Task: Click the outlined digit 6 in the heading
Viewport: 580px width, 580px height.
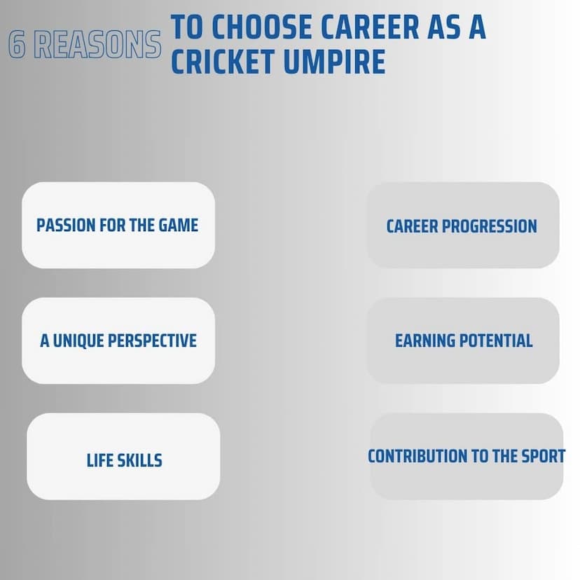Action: [x=17, y=44]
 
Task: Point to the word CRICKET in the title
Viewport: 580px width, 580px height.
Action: [x=223, y=62]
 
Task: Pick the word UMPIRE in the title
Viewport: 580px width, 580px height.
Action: [x=335, y=62]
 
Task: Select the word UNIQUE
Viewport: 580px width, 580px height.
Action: [x=78, y=340]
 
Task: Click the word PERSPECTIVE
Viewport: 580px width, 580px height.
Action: [x=152, y=340]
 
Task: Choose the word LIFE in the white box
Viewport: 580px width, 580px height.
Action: [x=99, y=460]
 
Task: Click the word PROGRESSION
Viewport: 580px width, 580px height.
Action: [x=490, y=226]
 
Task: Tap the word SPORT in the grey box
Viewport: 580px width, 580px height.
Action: [x=544, y=456]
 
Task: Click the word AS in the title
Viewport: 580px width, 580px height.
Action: [x=444, y=27]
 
